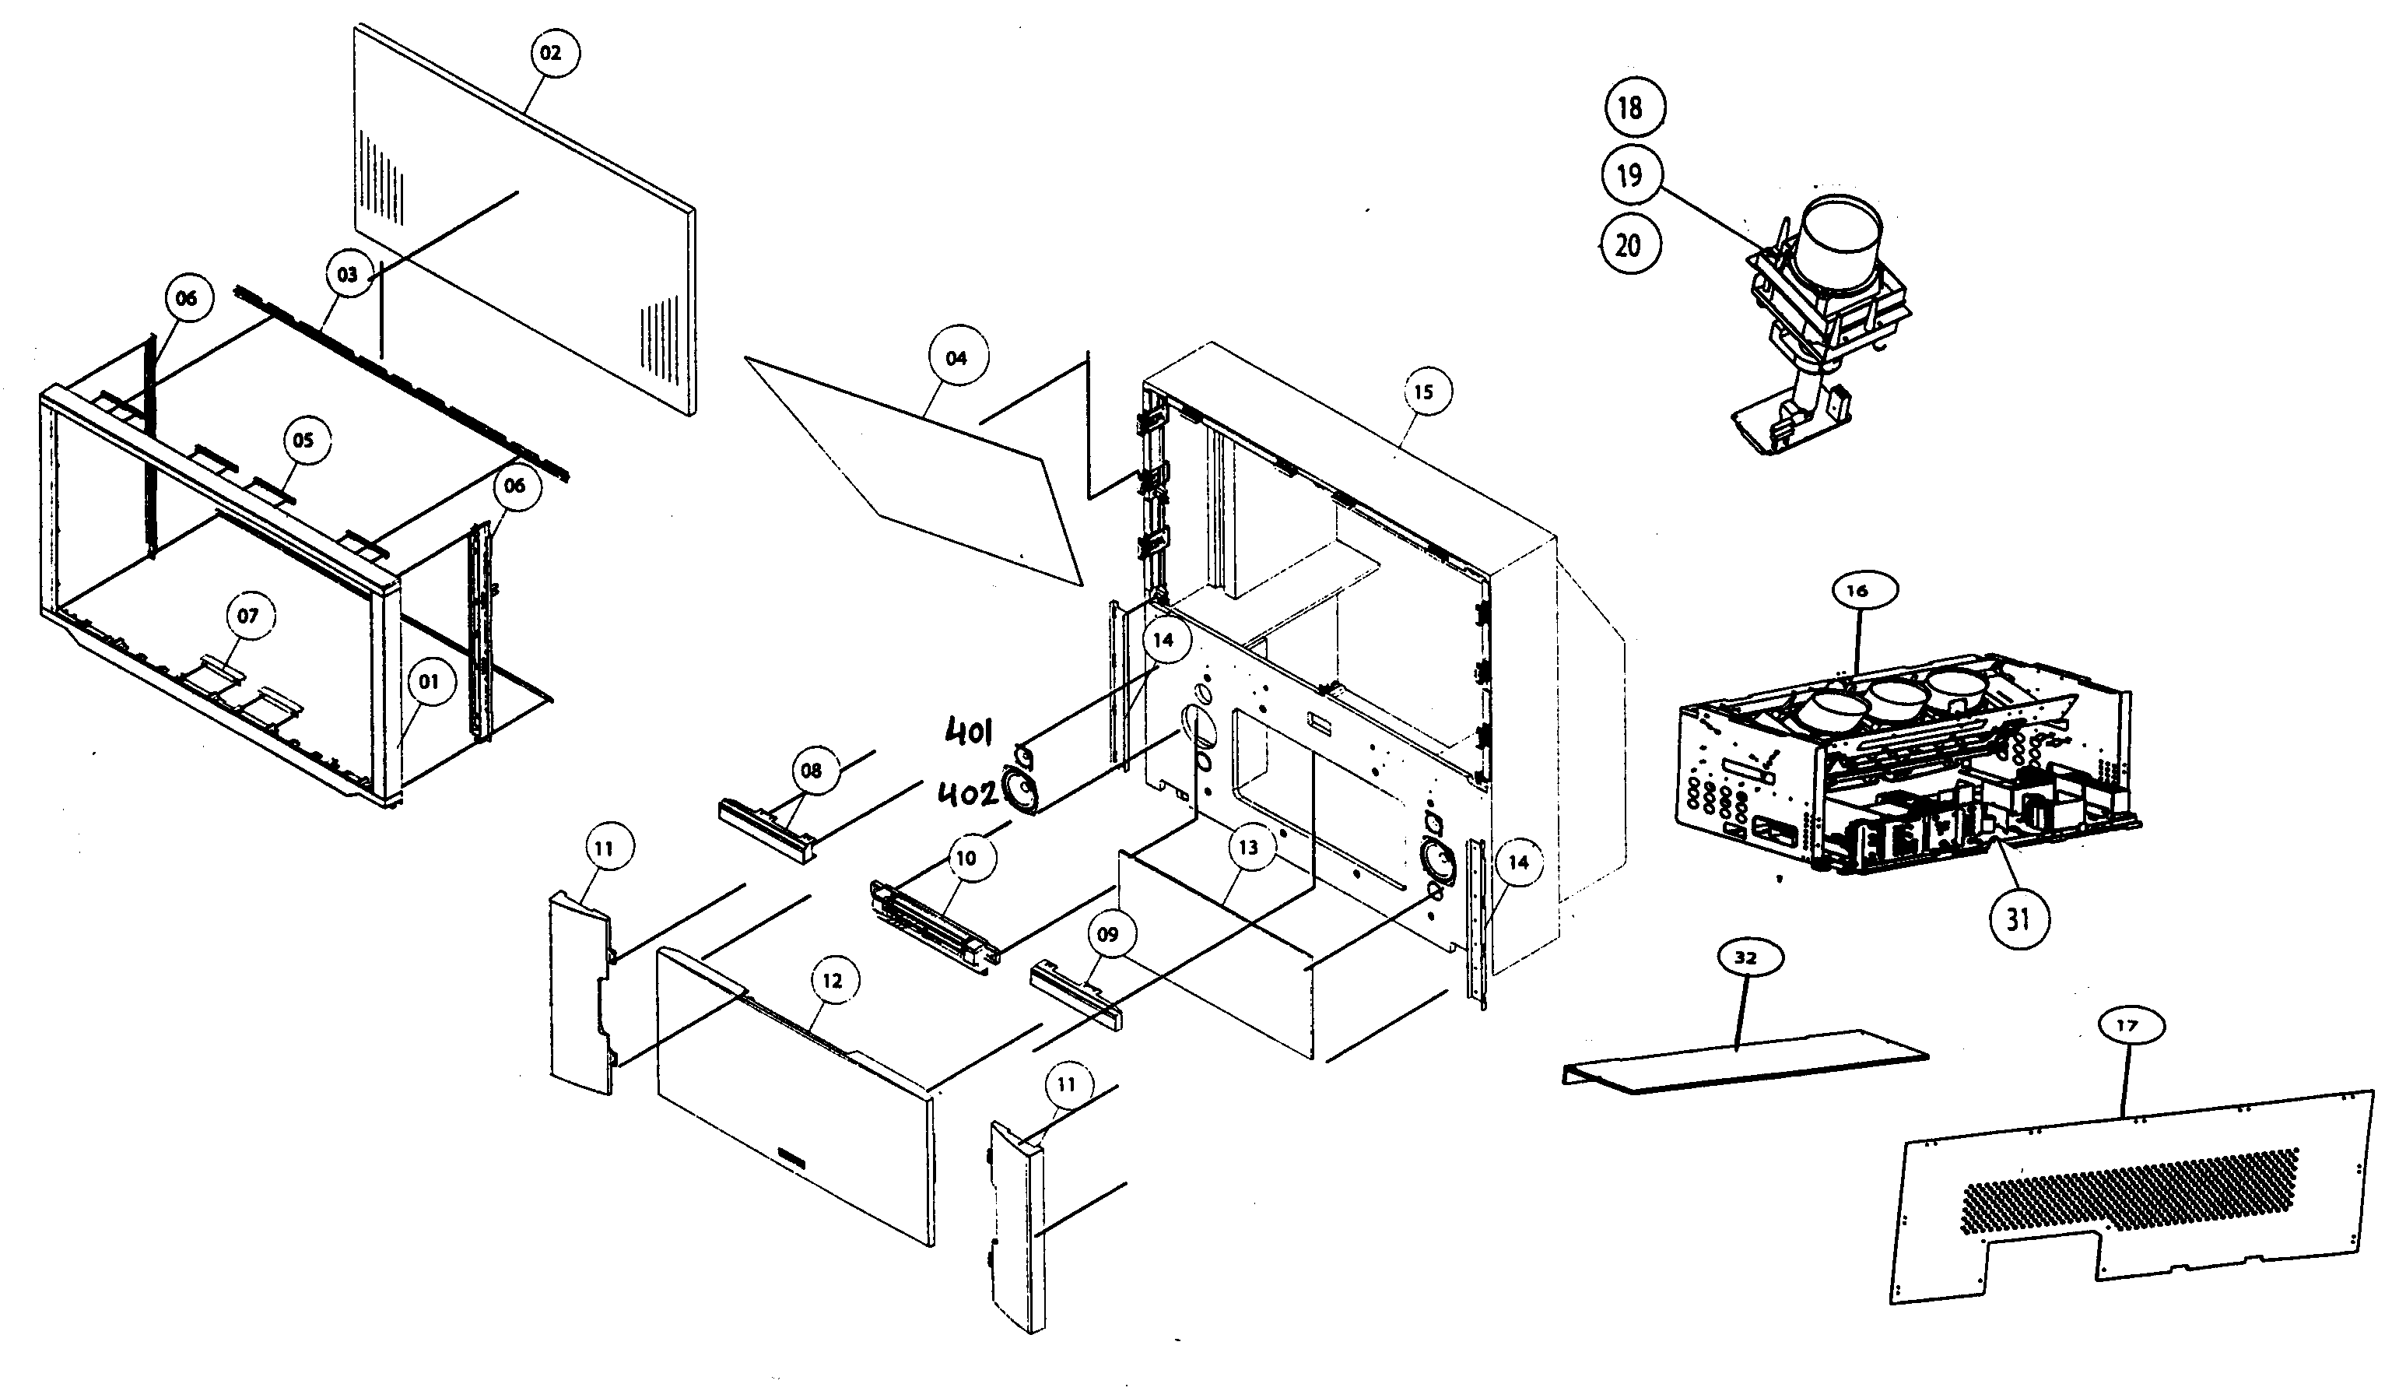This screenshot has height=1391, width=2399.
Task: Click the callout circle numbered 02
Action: tap(551, 53)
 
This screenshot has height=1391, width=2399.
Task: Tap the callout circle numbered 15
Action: tap(1423, 392)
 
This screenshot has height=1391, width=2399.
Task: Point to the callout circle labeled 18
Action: tap(1632, 107)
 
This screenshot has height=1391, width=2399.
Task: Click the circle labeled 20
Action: tap(1629, 246)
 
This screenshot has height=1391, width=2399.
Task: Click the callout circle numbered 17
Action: tap(2127, 1025)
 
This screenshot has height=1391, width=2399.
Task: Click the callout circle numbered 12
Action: tap(833, 981)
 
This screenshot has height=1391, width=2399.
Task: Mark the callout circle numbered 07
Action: tap(247, 616)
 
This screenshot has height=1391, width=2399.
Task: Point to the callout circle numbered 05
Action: tap(303, 440)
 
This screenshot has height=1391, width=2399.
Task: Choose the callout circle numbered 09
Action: tap(1108, 934)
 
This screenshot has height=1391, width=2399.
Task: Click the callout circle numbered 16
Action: tap(1857, 590)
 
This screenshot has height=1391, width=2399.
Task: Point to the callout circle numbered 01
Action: tap(430, 682)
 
